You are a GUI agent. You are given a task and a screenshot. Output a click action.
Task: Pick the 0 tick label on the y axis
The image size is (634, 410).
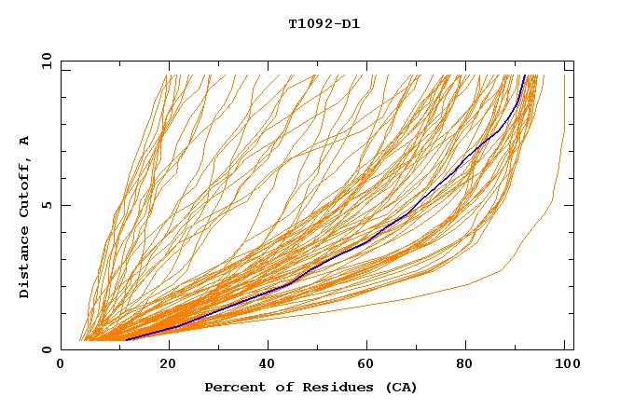[46, 350]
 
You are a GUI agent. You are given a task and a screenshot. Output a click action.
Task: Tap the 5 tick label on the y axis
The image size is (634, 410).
[46, 205]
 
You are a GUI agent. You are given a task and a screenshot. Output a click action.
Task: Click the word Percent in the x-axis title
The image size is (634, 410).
[233, 388]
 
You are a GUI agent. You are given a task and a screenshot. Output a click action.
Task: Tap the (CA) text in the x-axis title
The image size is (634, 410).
[401, 388]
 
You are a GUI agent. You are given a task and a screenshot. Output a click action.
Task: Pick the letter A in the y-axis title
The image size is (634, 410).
[25, 140]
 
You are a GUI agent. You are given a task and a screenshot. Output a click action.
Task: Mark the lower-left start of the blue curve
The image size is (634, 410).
[127, 340]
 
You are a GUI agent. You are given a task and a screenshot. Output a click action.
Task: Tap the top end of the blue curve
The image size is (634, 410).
[525, 75]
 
